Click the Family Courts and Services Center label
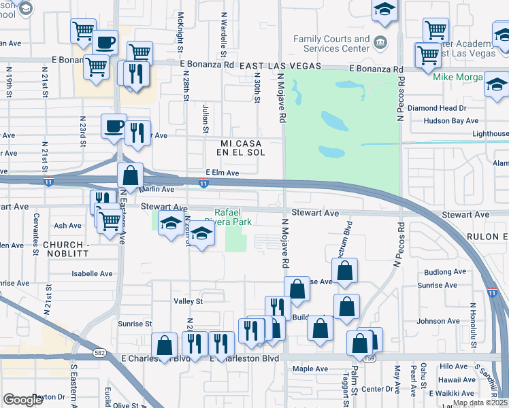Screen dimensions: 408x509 (331, 44)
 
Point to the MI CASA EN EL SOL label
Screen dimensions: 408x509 (241, 148)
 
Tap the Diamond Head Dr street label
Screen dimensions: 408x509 (437, 108)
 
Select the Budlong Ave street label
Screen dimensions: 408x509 (442, 272)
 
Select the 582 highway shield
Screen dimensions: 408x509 (99, 354)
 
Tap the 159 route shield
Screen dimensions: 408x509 (370, 358)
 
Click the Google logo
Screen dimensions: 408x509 (23, 400)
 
